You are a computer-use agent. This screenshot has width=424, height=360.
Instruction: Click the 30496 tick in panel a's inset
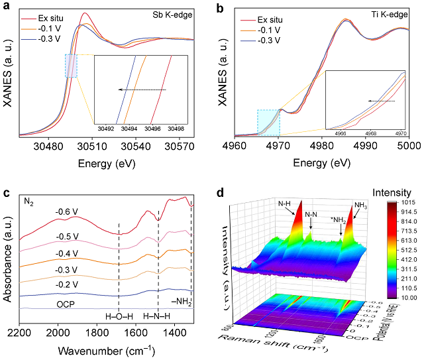click(x=152, y=129)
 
